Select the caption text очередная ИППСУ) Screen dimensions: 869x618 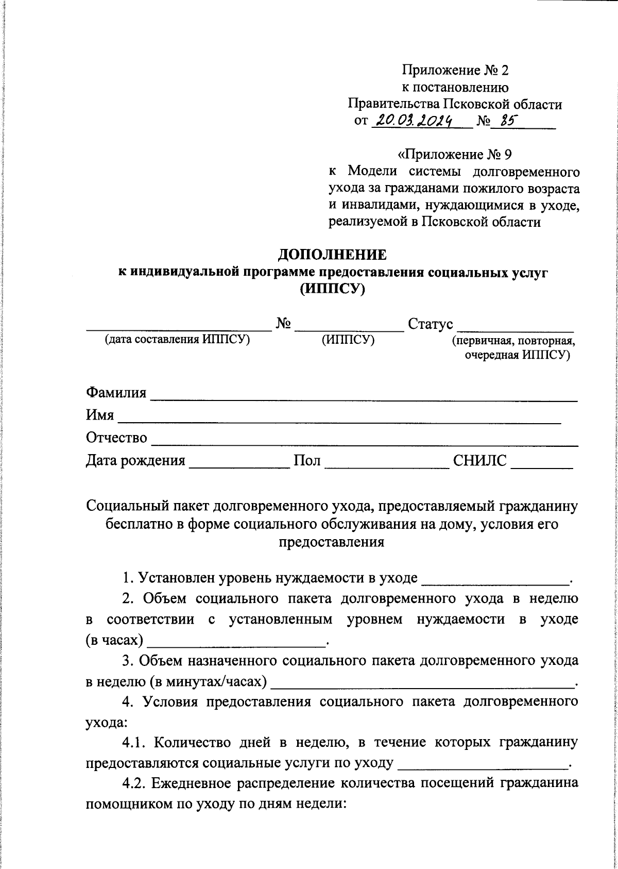[x=517, y=355]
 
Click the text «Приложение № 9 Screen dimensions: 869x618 [x=455, y=154]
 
